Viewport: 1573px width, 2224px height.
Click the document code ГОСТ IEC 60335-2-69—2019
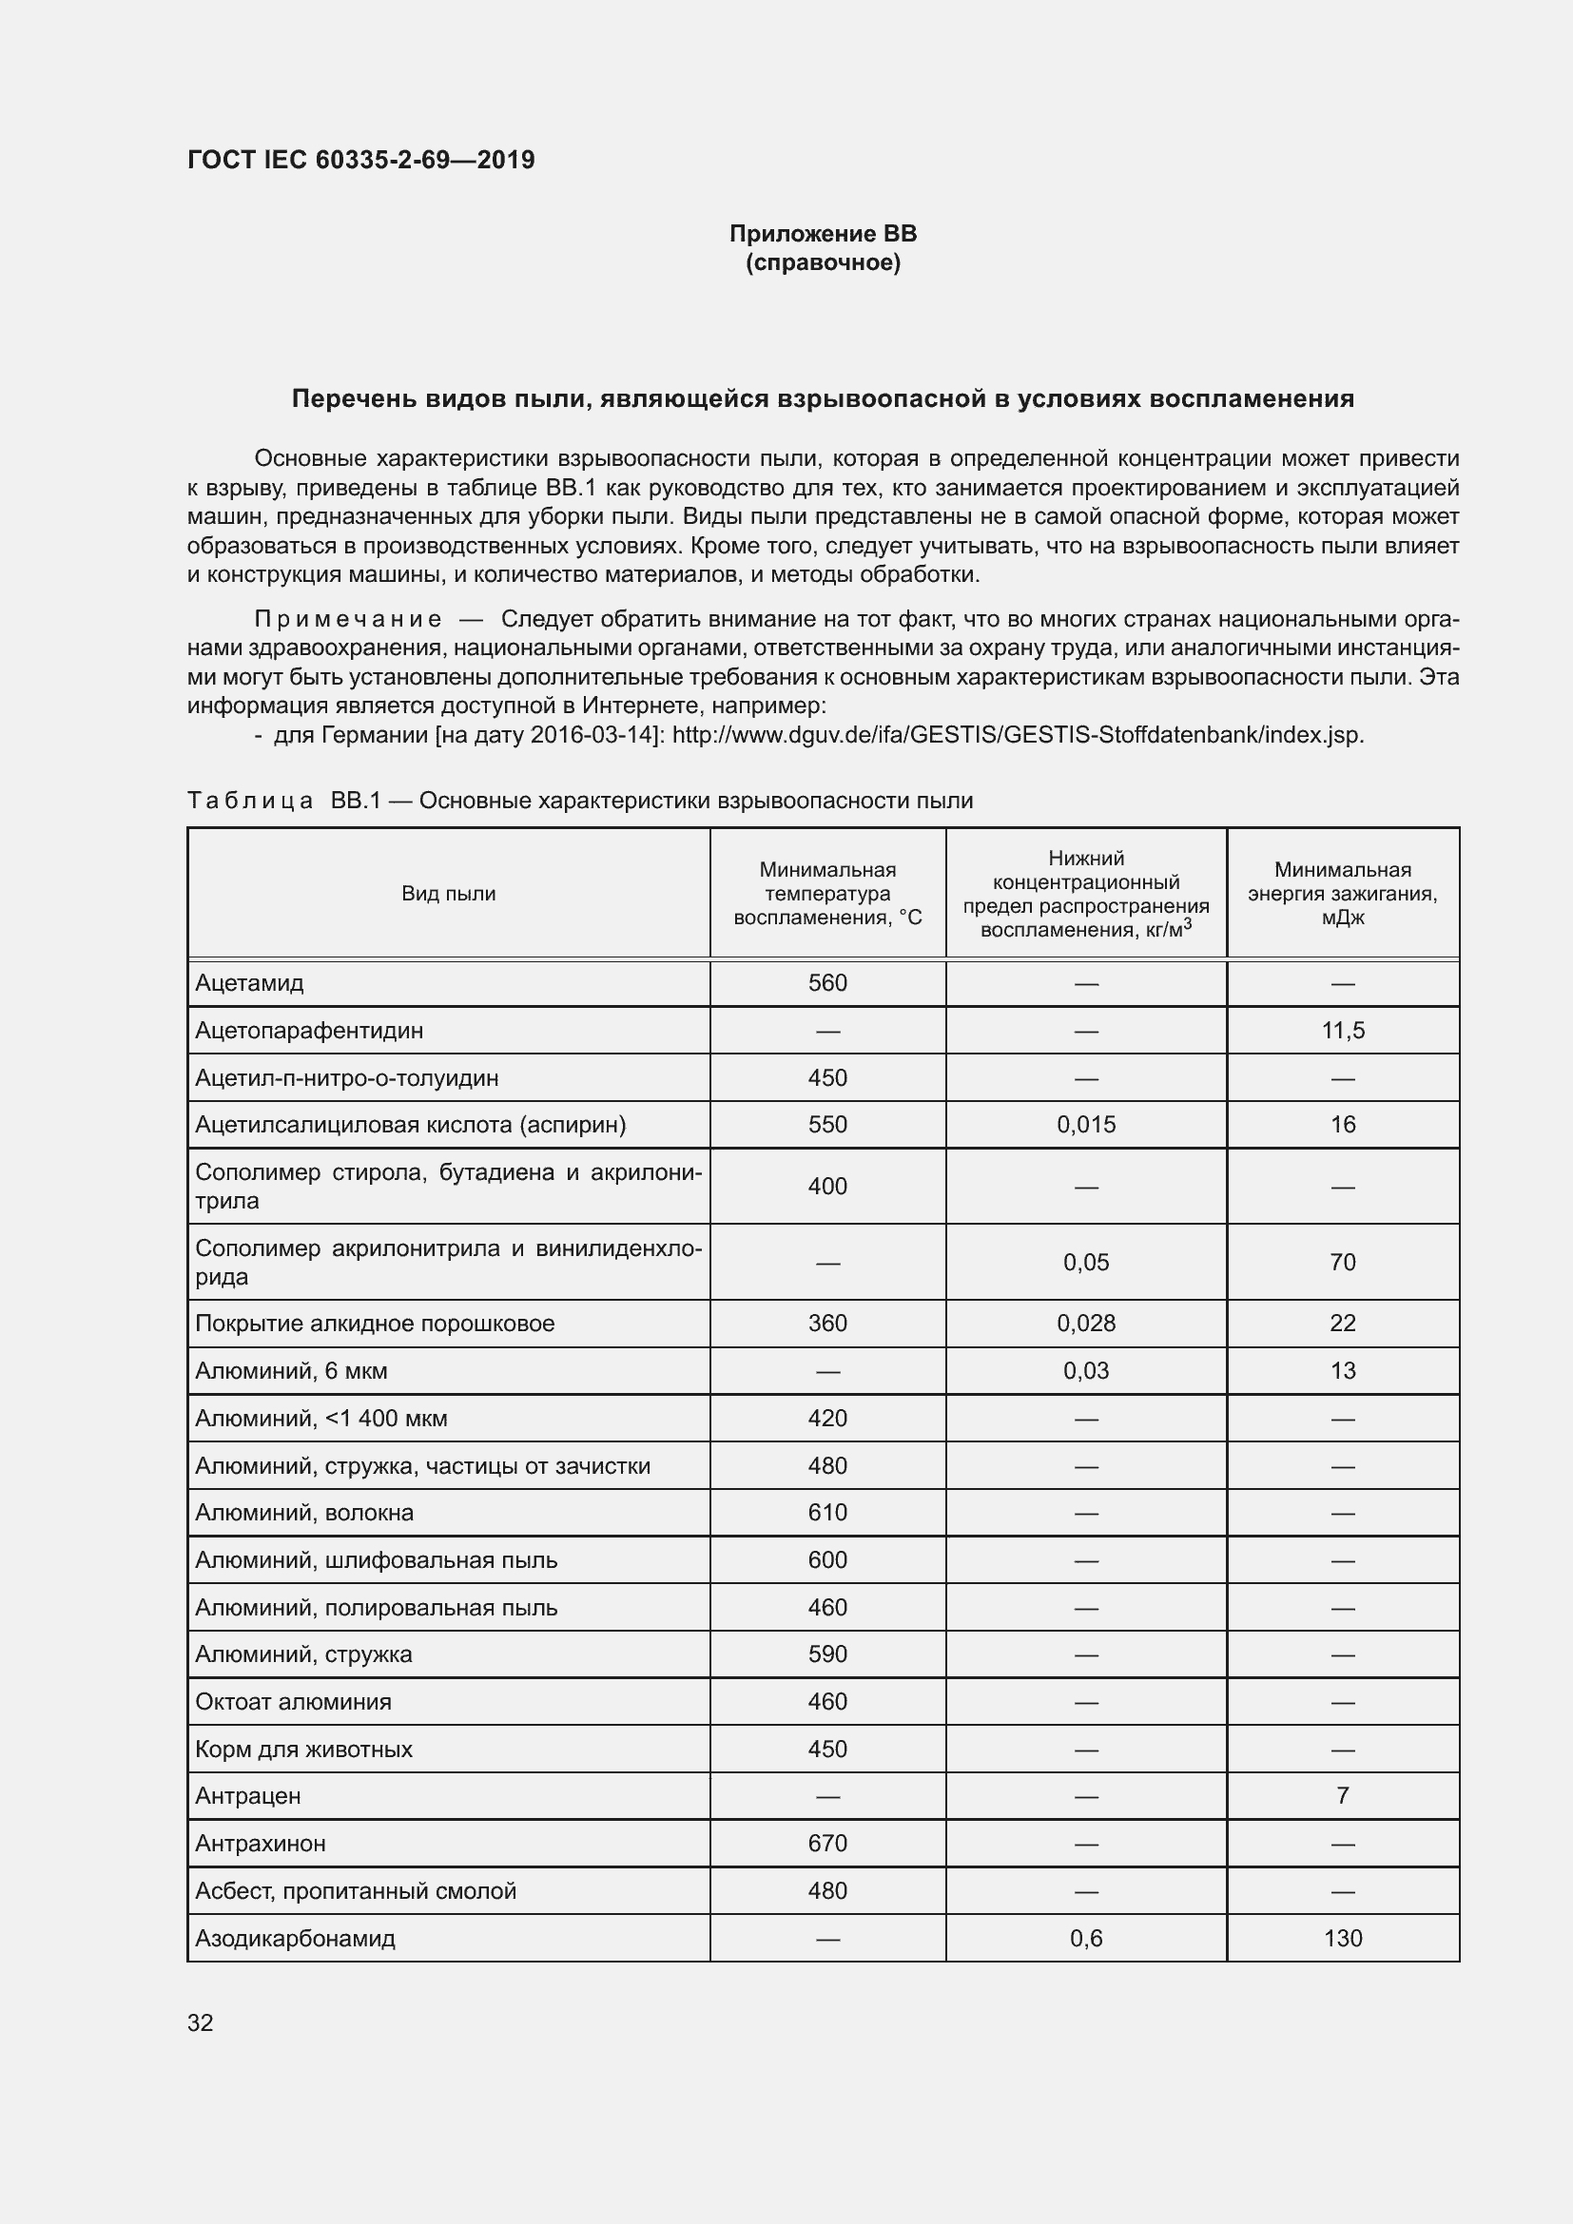[360, 161]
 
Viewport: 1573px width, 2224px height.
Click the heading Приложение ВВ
[823, 235]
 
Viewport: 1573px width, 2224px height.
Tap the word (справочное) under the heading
[823, 263]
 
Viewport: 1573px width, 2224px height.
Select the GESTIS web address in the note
[1017, 735]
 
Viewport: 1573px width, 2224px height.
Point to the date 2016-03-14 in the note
[592, 735]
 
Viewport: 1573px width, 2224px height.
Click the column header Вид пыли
[449, 894]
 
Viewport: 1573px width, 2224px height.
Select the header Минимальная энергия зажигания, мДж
[1342, 894]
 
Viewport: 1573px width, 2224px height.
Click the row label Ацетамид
[250, 983]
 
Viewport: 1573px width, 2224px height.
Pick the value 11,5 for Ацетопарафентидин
[1343, 1031]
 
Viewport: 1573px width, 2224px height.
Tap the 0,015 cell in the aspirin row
[1086, 1125]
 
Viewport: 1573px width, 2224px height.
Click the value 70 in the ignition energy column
[1343, 1262]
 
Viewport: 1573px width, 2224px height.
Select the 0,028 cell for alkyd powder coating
[1086, 1324]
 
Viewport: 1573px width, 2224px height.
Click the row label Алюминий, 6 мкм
[292, 1371]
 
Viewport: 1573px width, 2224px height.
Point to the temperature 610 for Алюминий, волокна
[827, 1513]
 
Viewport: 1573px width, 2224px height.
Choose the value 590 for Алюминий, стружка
[827, 1654]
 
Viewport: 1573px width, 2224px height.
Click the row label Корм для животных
[303, 1750]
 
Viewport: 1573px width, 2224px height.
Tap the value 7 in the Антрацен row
[1343, 1796]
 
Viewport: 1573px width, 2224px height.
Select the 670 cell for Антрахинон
[827, 1844]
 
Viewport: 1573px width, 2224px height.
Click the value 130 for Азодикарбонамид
[1343, 1938]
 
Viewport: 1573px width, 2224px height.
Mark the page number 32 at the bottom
[201, 2023]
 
